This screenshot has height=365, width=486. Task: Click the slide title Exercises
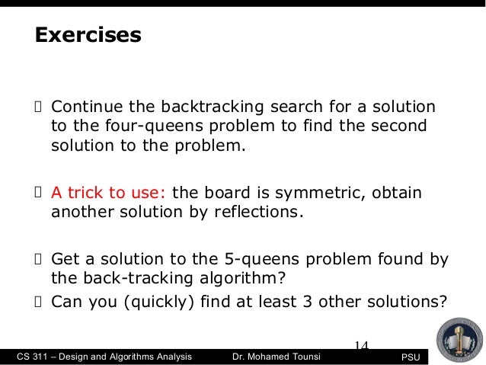(x=86, y=35)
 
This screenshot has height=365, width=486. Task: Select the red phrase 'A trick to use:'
(x=110, y=191)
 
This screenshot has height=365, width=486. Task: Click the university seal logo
(x=457, y=335)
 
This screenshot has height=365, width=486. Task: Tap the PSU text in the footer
(x=412, y=357)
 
